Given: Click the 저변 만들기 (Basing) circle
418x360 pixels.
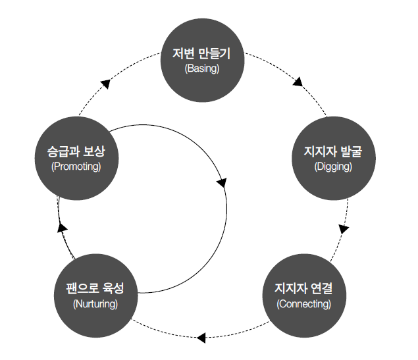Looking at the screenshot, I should click(x=203, y=59).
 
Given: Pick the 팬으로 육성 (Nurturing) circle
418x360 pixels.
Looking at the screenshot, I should click(x=95, y=295).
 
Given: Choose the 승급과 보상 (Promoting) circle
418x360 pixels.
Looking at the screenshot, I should click(x=76, y=157).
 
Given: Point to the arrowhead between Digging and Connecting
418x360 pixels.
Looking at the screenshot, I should click(x=344, y=229).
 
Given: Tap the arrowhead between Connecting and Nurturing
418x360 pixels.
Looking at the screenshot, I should click(x=202, y=338).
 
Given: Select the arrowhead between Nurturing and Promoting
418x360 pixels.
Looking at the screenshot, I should click(x=61, y=227).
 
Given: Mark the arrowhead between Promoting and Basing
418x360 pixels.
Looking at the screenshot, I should click(x=105, y=83).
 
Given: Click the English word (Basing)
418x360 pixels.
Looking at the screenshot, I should click(x=203, y=68).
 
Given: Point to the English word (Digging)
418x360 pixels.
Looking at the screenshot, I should click(x=333, y=167).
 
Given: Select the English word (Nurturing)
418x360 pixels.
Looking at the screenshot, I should click(x=95, y=303).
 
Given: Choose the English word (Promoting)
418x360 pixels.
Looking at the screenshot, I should click(x=76, y=167).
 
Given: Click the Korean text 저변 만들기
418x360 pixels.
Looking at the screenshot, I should click(x=203, y=53).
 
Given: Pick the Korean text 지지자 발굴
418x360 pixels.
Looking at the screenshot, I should click(x=333, y=153).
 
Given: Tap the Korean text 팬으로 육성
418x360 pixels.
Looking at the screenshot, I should click(x=95, y=289).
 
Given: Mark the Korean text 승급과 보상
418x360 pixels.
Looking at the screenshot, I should click(x=76, y=151).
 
